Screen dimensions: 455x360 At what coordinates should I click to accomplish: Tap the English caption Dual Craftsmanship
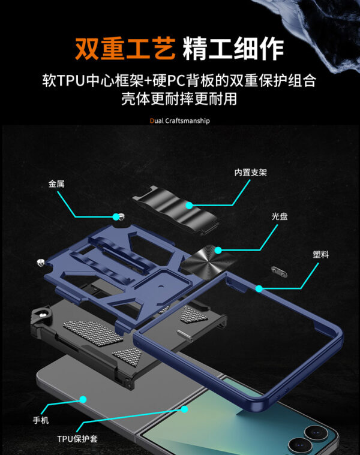coord(180,120)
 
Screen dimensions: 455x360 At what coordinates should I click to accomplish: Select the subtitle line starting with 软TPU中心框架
coord(180,80)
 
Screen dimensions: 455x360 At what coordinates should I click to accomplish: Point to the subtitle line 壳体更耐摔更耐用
coord(180,99)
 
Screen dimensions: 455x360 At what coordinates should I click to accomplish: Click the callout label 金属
coord(56,184)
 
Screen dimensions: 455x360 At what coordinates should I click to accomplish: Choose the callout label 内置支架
coord(250,173)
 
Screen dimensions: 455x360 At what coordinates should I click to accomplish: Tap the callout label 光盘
coord(279,216)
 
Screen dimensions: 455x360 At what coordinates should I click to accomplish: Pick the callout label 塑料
coord(320,254)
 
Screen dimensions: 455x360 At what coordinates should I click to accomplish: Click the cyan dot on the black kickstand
coord(189,206)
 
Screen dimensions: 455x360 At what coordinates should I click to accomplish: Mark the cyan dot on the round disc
coord(220,249)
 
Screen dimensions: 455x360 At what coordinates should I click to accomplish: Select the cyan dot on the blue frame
coord(259,289)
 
